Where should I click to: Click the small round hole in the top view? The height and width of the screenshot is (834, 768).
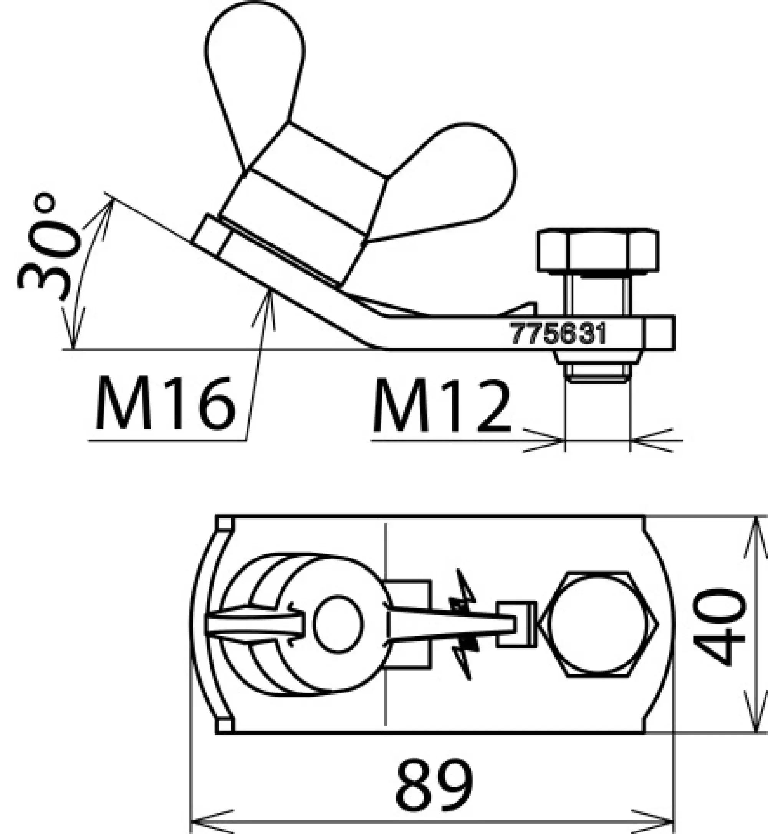(x=339, y=623)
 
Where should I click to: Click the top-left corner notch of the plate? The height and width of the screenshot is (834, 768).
(x=225, y=523)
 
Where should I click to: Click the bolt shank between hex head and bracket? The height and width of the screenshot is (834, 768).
(x=597, y=295)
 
